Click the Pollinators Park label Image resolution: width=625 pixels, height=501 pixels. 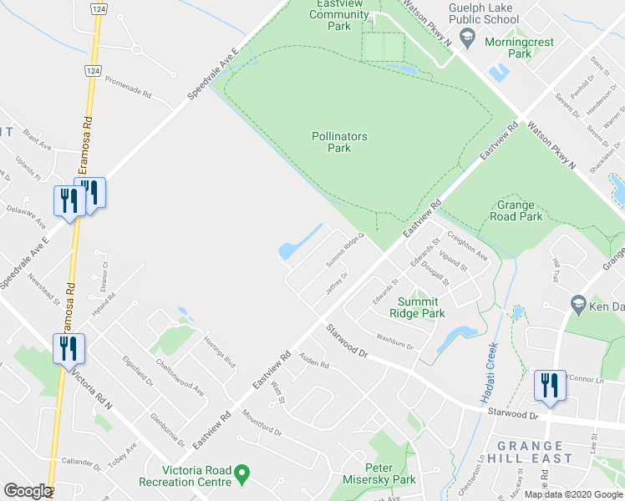tap(339, 142)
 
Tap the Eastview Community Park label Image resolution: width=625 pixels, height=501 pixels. tap(339, 15)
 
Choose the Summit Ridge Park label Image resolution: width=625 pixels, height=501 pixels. tap(417, 307)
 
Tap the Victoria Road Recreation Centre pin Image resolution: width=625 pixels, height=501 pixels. tap(242, 474)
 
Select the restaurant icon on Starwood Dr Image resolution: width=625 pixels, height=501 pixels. tap(550, 385)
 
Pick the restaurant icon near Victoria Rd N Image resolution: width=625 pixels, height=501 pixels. tap(69, 347)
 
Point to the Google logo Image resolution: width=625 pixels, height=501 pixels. tap(28, 492)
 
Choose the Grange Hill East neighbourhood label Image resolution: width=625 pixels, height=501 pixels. tap(534, 452)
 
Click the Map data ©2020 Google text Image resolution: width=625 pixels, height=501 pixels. tap(573, 494)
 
